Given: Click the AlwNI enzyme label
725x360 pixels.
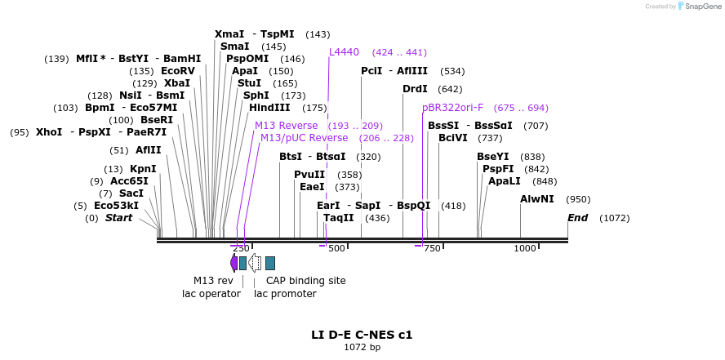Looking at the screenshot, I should pyautogui.click(x=536, y=199).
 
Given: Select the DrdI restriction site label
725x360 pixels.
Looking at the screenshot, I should pyautogui.click(x=415, y=89).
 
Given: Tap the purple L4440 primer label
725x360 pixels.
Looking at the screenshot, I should pyautogui.click(x=344, y=52).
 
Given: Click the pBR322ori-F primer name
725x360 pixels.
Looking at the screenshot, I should pyautogui.click(x=452, y=108).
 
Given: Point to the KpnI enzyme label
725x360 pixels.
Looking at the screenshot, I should pyautogui.click(x=143, y=169).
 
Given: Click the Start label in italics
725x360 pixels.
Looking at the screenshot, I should pyautogui.click(x=118, y=218).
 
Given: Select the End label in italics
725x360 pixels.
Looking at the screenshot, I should pyautogui.click(x=577, y=218).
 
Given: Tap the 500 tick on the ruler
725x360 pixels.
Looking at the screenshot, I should pyautogui.click(x=336, y=248).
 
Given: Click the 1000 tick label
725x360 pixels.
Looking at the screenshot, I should pyautogui.click(x=525, y=248).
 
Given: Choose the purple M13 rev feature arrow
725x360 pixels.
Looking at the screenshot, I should pyautogui.click(x=234, y=262).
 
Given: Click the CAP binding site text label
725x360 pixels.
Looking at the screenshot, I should pyautogui.click(x=305, y=281).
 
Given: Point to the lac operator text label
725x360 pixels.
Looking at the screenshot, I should pyautogui.click(x=211, y=294).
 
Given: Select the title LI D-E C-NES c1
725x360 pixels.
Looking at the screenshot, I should pyautogui.click(x=362, y=335).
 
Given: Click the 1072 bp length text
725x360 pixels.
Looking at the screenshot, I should pyautogui.click(x=362, y=348).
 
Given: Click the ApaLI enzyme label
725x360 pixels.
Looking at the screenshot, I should pyautogui.click(x=505, y=181).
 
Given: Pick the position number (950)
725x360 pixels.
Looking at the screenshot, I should pyautogui.click(x=578, y=199).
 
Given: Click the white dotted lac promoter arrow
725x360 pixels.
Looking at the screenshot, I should pyautogui.click(x=255, y=262).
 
